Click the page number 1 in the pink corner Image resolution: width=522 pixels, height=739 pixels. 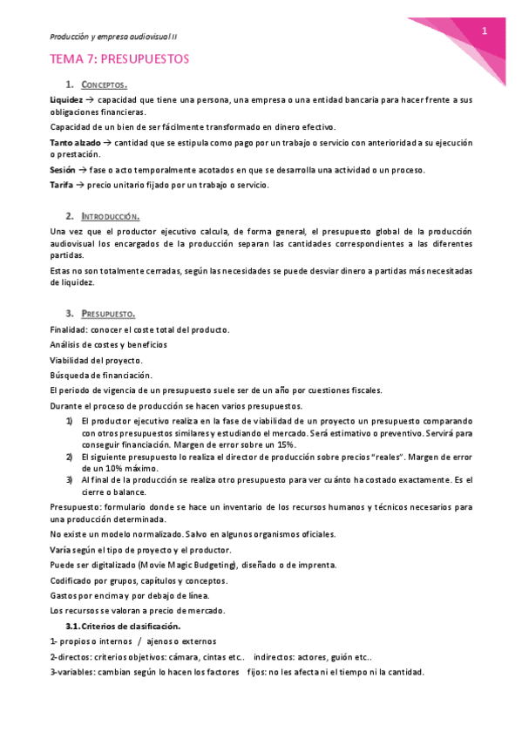click(x=484, y=31)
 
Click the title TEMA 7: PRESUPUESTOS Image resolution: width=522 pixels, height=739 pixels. click(x=119, y=59)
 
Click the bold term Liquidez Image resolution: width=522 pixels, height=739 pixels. click(x=67, y=100)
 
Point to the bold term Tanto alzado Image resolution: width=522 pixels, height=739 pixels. click(x=75, y=141)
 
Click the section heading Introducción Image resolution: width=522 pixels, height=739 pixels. click(x=110, y=215)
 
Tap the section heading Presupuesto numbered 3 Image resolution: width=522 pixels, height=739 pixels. click(x=108, y=313)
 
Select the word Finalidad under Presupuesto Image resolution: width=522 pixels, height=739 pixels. click(x=69, y=329)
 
